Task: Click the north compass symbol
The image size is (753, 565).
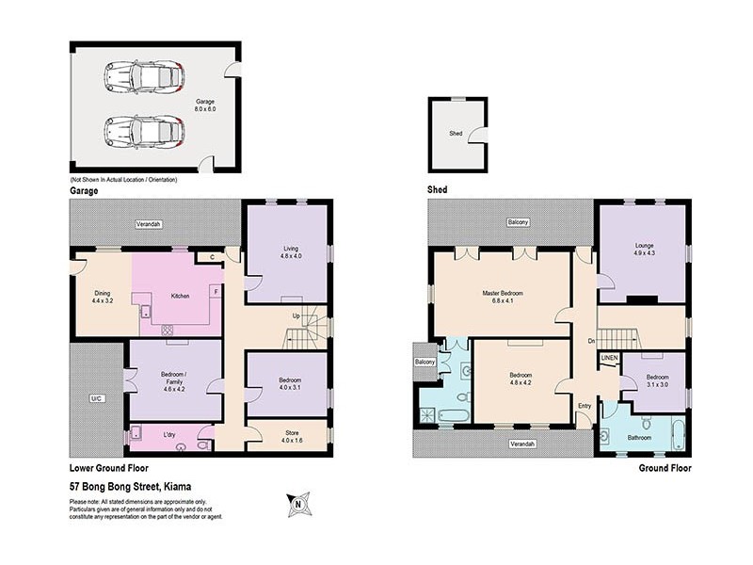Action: (x=298, y=506)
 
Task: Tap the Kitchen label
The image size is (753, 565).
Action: (x=180, y=296)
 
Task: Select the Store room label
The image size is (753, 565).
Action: (x=288, y=436)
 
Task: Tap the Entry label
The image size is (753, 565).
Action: (x=585, y=406)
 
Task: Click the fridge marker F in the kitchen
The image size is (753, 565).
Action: (x=215, y=291)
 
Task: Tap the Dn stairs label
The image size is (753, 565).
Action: (x=590, y=341)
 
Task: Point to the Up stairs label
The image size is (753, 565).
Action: (x=297, y=316)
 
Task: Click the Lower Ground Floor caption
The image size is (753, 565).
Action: (x=108, y=467)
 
